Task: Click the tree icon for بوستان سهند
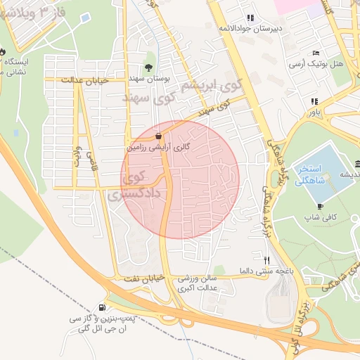[x=148, y=67]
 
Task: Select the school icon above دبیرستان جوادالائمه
[x=250, y=18]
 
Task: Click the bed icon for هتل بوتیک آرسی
[x=316, y=53]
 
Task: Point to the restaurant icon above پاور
[x=314, y=101]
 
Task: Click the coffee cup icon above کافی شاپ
[x=321, y=206]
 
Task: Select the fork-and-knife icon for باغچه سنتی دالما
[x=266, y=259]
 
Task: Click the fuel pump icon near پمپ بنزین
[x=103, y=307]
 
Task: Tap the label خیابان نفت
[x=146, y=278]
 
